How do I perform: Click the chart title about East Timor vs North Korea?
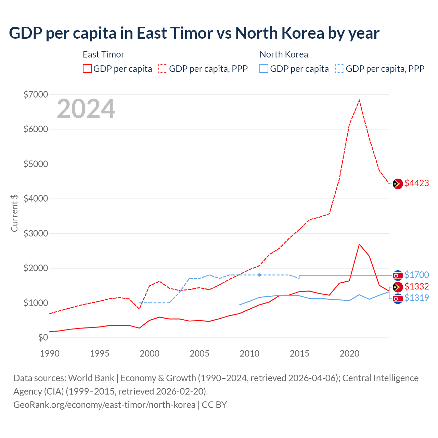(x=194, y=33)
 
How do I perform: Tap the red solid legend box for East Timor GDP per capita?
(x=87, y=68)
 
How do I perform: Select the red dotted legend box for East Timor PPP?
(x=163, y=68)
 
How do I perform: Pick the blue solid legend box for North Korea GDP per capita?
(x=264, y=68)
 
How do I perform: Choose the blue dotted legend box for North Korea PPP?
(x=340, y=68)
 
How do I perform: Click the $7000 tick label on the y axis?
(x=36, y=94)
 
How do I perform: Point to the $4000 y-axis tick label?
(x=36, y=198)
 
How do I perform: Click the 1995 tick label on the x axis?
(x=100, y=353)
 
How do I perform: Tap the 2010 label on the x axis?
(x=249, y=353)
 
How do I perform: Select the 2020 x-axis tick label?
(x=349, y=353)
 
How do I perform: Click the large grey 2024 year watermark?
(x=86, y=109)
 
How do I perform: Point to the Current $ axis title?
(x=14, y=213)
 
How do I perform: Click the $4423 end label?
(x=416, y=183)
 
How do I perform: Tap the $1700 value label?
(x=416, y=275)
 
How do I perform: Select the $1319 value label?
(x=416, y=298)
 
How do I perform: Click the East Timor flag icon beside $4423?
(x=398, y=184)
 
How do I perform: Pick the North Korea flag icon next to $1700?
(x=398, y=275)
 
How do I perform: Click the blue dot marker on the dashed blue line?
(x=259, y=275)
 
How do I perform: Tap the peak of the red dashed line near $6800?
(x=359, y=100)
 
